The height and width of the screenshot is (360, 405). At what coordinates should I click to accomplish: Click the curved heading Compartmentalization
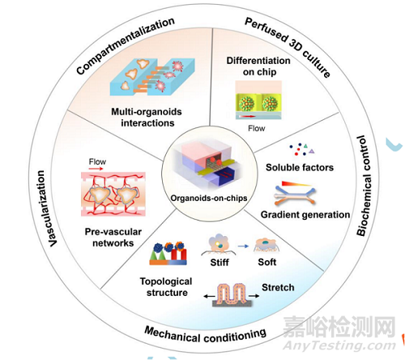pyautogui.click(x=125, y=45)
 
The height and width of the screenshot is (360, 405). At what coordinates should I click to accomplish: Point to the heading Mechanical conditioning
pyautogui.click(x=205, y=335)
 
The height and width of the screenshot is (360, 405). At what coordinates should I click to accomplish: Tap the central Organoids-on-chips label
pyautogui.click(x=209, y=198)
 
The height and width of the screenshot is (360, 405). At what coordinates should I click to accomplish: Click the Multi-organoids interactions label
pyautogui.click(x=147, y=118)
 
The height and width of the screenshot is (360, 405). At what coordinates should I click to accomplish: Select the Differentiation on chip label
pyautogui.click(x=258, y=66)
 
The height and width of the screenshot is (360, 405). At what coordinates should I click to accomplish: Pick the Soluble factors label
pyautogui.click(x=300, y=168)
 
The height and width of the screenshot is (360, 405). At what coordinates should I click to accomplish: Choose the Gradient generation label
pyautogui.click(x=305, y=215)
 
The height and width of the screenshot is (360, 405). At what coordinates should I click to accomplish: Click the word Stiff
pyautogui.click(x=220, y=262)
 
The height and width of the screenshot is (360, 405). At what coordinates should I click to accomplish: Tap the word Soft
pyautogui.click(x=267, y=262)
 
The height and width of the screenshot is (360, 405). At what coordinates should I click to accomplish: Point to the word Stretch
pyautogui.click(x=278, y=287)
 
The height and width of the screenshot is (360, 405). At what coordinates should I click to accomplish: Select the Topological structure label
pyautogui.click(x=166, y=287)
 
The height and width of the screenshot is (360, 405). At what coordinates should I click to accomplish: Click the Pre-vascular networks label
pyautogui.click(x=113, y=238)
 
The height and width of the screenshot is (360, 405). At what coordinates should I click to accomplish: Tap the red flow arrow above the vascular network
pyautogui.click(x=96, y=169)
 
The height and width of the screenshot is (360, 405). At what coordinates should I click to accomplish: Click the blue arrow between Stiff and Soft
pyautogui.click(x=243, y=246)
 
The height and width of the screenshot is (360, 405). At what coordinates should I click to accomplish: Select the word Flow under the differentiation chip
pyautogui.click(x=257, y=128)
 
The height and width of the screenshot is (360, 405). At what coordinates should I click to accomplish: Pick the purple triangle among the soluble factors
pyautogui.click(x=312, y=152)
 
